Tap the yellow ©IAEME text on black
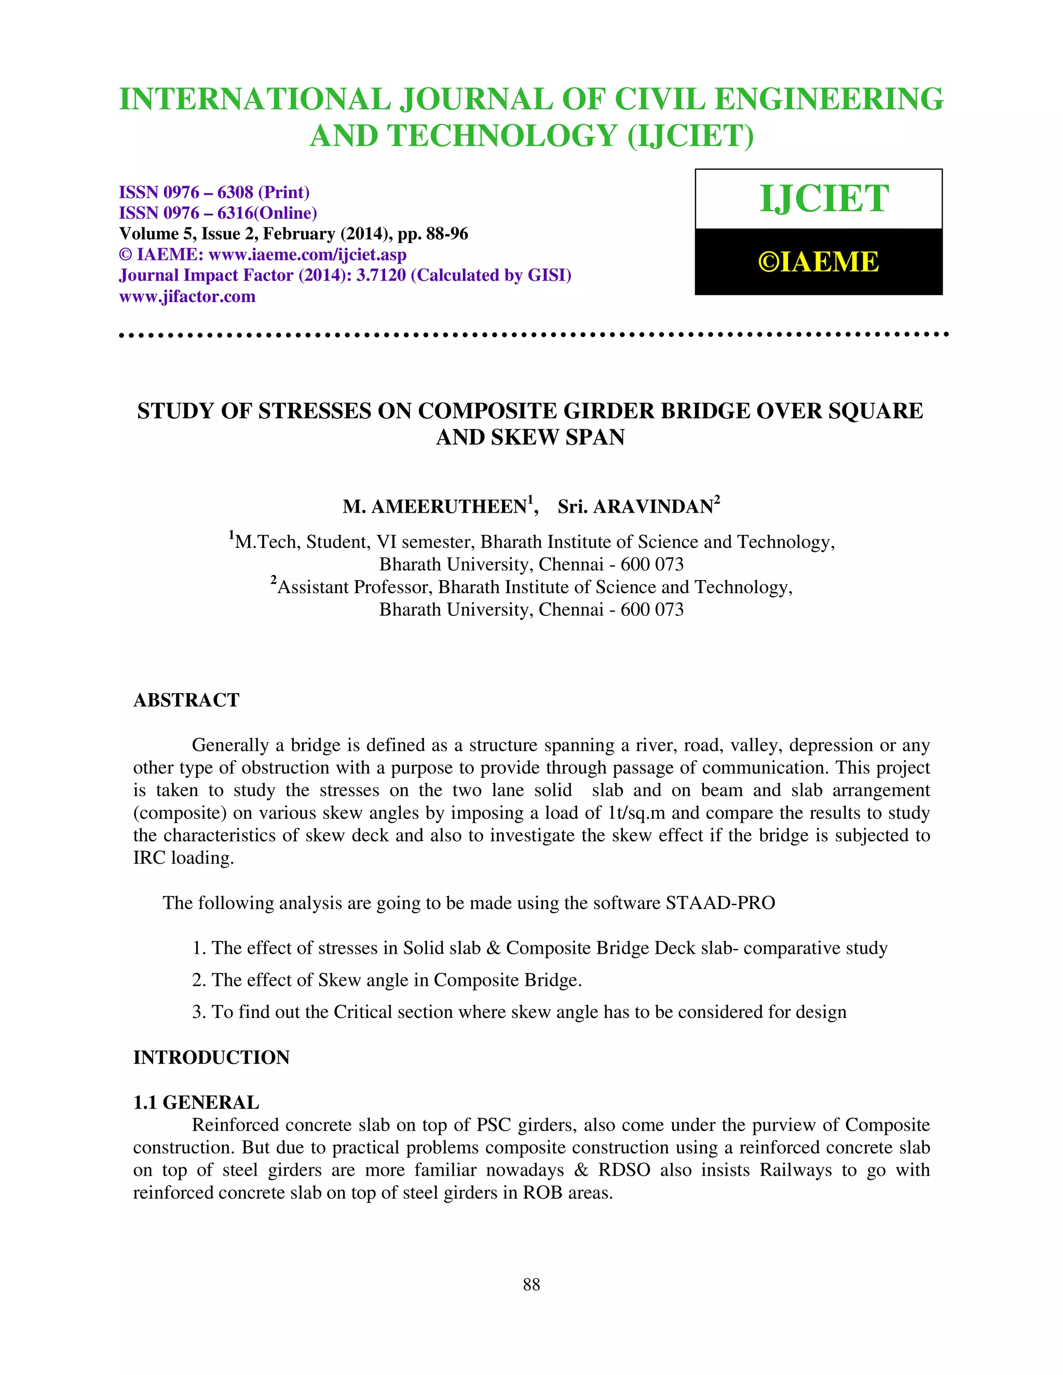[x=818, y=262]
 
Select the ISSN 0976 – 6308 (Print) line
[x=214, y=192]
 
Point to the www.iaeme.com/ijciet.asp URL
[x=307, y=254]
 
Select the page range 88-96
[x=447, y=233]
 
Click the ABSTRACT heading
[x=186, y=700]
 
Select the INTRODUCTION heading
[x=212, y=1057]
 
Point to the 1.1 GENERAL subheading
[x=196, y=1103]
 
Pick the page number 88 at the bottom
[x=531, y=1284]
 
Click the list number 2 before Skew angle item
[x=197, y=980]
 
